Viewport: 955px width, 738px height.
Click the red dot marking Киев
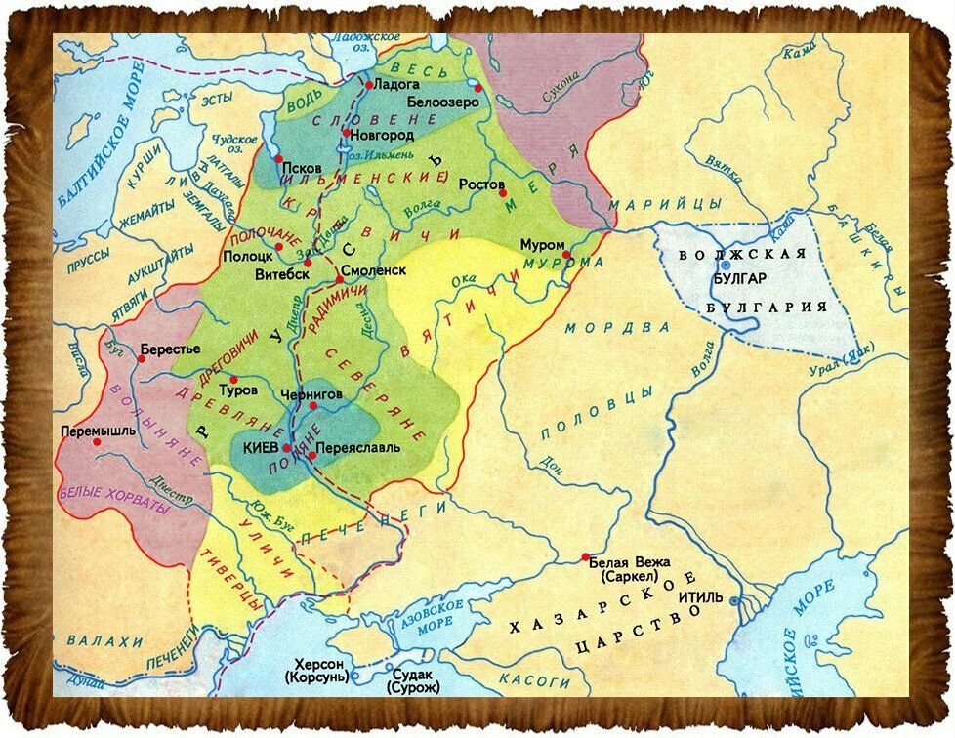[x=287, y=449]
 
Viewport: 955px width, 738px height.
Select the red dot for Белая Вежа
[x=585, y=557]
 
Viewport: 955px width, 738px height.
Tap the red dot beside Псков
[x=279, y=158]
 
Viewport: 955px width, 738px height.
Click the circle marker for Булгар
[x=725, y=264]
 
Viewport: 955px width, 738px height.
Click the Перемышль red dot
[x=97, y=441]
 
